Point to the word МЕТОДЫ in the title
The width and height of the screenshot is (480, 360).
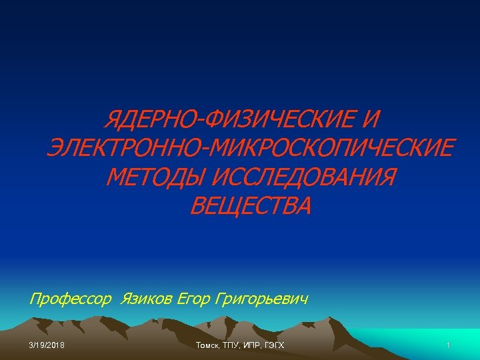[x=154, y=177]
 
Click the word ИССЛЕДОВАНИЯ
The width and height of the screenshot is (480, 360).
[x=303, y=177]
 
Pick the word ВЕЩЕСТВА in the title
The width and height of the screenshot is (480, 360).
[x=251, y=206]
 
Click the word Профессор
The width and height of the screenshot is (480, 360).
[x=71, y=299]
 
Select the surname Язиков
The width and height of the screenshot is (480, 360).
[x=146, y=299]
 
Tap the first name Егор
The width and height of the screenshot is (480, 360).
[x=194, y=299]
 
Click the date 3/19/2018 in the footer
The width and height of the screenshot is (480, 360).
[x=47, y=345]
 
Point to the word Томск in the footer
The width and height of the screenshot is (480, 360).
[x=209, y=345]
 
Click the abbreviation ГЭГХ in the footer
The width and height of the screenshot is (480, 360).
[x=275, y=345]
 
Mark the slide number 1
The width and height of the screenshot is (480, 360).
[x=449, y=345]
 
